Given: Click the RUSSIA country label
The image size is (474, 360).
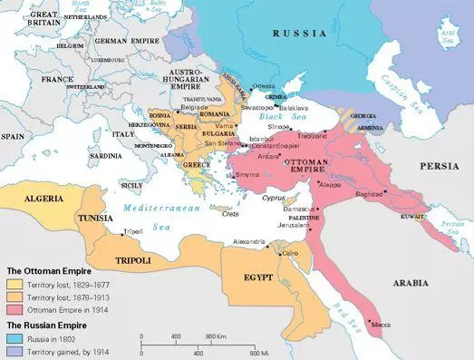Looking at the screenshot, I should (x=300, y=34).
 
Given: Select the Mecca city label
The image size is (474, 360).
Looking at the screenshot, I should (x=382, y=321).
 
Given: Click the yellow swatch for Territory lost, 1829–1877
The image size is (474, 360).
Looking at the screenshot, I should (x=15, y=282).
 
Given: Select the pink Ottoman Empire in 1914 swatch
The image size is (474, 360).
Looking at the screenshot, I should (x=15, y=309).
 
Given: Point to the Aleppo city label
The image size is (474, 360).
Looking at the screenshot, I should (x=332, y=183).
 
